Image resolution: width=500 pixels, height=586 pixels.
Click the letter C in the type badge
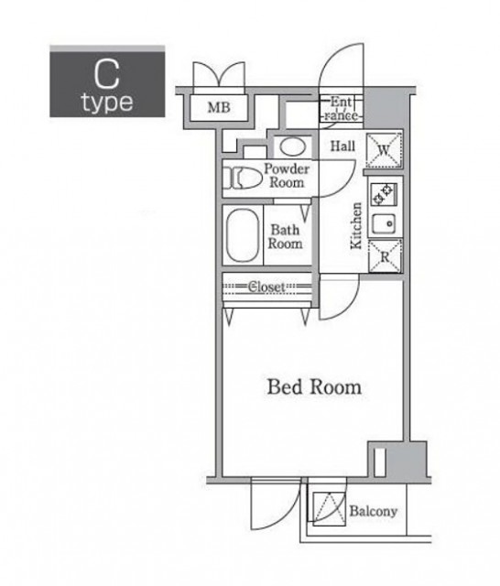(x=106, y=75)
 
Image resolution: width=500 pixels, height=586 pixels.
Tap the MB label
(x=219, y=108)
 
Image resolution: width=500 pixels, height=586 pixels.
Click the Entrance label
(x=342, y=108)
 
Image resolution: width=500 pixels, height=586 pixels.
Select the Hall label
(x=342, y=146)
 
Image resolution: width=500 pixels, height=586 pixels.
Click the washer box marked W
(x=384, y=150)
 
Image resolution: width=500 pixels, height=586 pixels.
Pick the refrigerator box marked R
(x=385, y=256)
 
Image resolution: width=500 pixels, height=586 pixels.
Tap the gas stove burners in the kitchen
(x=384, y=194)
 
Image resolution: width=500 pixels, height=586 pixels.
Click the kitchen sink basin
(x=385, y=223)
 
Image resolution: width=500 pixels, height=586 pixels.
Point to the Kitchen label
(x=356, y=226)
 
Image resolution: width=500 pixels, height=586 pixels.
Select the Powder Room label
(x=287, y=176)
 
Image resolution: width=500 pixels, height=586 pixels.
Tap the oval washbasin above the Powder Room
(x=293, y=146)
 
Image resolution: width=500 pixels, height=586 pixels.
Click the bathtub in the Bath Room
(x=243, y=235)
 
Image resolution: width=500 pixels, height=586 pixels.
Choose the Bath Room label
(x=285, y=236)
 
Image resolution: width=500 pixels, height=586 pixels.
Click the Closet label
(x=266, y=287)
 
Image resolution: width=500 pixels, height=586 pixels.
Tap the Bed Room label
(x=314, y=387)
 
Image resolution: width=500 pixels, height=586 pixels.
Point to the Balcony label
(x=374, y=511)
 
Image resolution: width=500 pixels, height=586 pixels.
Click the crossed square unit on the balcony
(x=329, y=509)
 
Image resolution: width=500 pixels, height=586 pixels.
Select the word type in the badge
(x=108, y=102)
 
